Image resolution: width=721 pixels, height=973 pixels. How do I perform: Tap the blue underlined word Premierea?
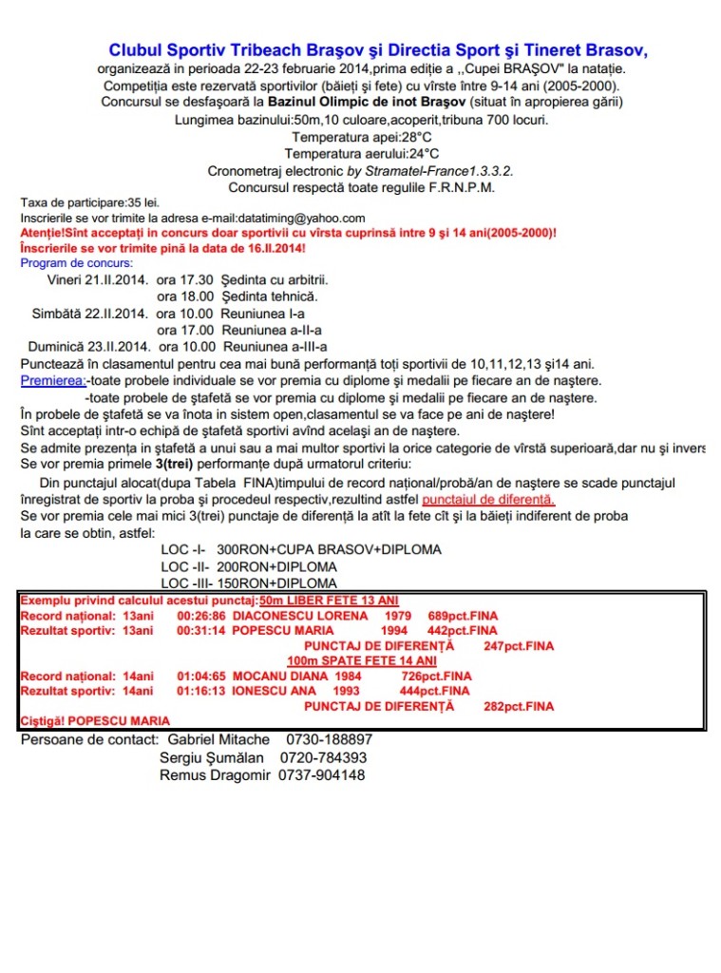pos(52,381)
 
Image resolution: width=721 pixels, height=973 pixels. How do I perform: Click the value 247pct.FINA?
pos(519,646)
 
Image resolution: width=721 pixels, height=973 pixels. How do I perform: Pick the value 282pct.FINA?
pos(519,707)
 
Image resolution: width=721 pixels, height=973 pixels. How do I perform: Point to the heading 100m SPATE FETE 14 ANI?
pos(362,660)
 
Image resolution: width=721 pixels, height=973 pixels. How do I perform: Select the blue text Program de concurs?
pos(77,263)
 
